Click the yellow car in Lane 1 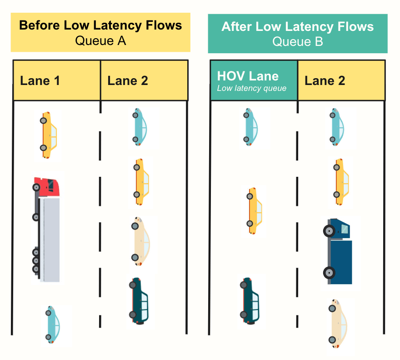coord(50,135)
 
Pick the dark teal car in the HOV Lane coord(251,301)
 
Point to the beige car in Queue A coord(141,241)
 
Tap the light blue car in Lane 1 coord(53,324)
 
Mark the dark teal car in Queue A coord(140,300)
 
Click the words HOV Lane coord(248,76)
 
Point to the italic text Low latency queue coord(251,88)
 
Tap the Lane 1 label coord(40,81)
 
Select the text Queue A coord(100,41)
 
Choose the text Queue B coord(298,41)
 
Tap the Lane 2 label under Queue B coord(325,81)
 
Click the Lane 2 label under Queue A coord(128,81)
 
